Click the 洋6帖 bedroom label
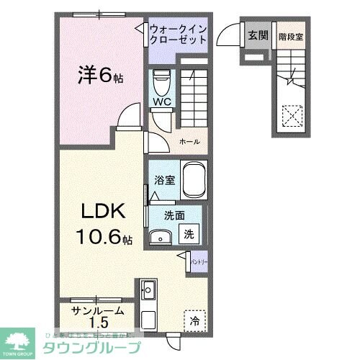(x=101, y=74)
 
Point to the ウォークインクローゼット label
(x=179, y=35)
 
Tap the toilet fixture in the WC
(x=161, y=80)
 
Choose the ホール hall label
(x=189, y=142)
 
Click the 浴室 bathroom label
(x=162, y=181)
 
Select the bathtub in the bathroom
(x=194, y=180)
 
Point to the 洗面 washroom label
(x=172, y=215)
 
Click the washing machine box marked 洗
(x=189, y=233)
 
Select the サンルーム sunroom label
(x=97, y=310)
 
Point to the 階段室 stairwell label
(x=290, y=35)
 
